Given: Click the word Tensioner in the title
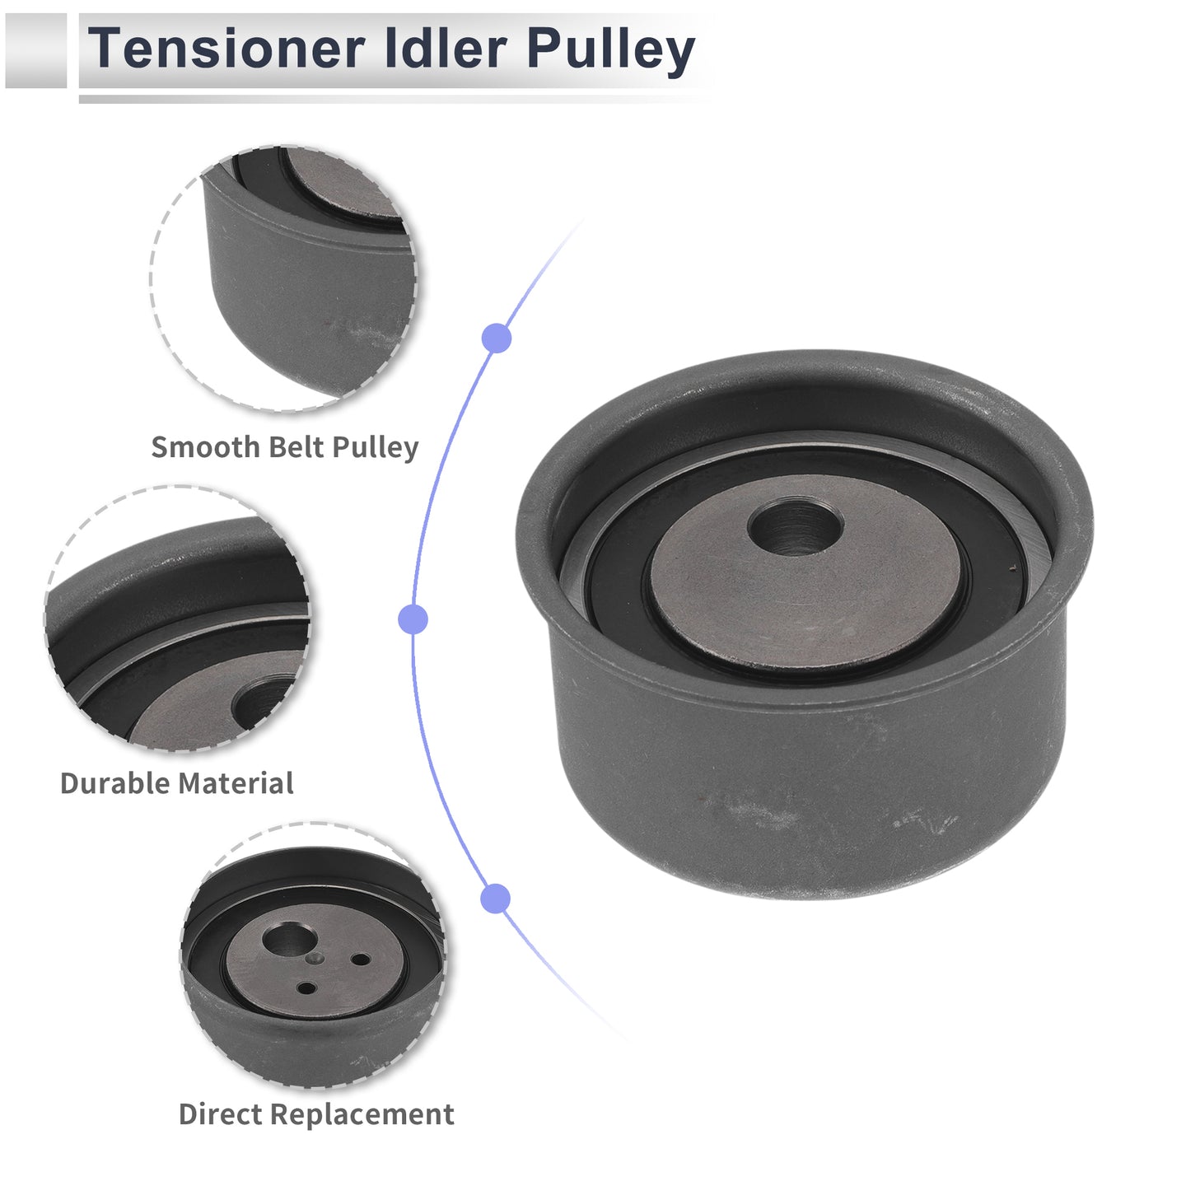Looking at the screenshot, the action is point(226,48).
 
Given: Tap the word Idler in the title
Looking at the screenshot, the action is point(445,48).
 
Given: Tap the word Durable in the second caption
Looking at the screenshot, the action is point(114,783).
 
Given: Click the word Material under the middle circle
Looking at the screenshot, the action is point(236,783).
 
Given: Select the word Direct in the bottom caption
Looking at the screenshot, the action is point(221,1114).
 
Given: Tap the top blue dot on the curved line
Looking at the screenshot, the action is point(496,338).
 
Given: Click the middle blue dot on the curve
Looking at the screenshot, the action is point(413,619).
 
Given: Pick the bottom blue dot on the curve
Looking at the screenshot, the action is point(496,899).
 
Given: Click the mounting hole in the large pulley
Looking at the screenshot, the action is point(795,527).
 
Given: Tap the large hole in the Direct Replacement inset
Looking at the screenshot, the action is point(289,940).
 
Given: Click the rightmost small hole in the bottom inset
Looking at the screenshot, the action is point(361,960).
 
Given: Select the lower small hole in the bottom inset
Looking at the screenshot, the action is point(306,988).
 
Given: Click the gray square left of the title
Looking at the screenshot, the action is point(35,50).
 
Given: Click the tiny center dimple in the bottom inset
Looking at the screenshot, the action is point(315,959).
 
